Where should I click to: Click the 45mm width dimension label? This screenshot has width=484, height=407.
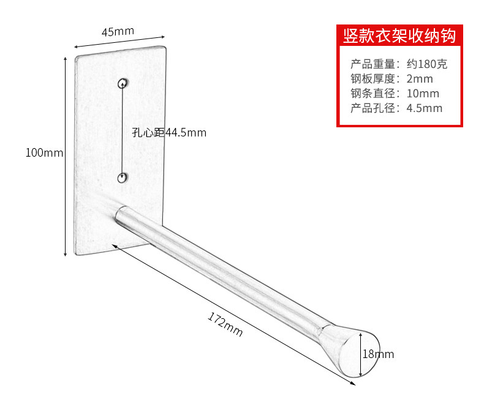tap(118, 32)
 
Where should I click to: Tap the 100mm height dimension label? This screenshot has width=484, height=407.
tap(44, 153)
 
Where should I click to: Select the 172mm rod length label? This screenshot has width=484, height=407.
tap(225, 324)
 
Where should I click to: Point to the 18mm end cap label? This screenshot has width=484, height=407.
tap(378, 354)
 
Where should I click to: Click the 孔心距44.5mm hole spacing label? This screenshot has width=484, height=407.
tap(169, 132)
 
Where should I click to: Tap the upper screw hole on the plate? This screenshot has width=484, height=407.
tap(124, 83)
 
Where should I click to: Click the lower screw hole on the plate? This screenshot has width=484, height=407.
tap(123, 178)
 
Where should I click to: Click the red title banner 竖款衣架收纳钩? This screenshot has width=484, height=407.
tap(399, 36)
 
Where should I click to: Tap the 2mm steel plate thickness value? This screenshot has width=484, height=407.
tap(420, 79)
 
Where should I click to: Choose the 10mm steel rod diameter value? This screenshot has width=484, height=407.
tap(423, 94)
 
